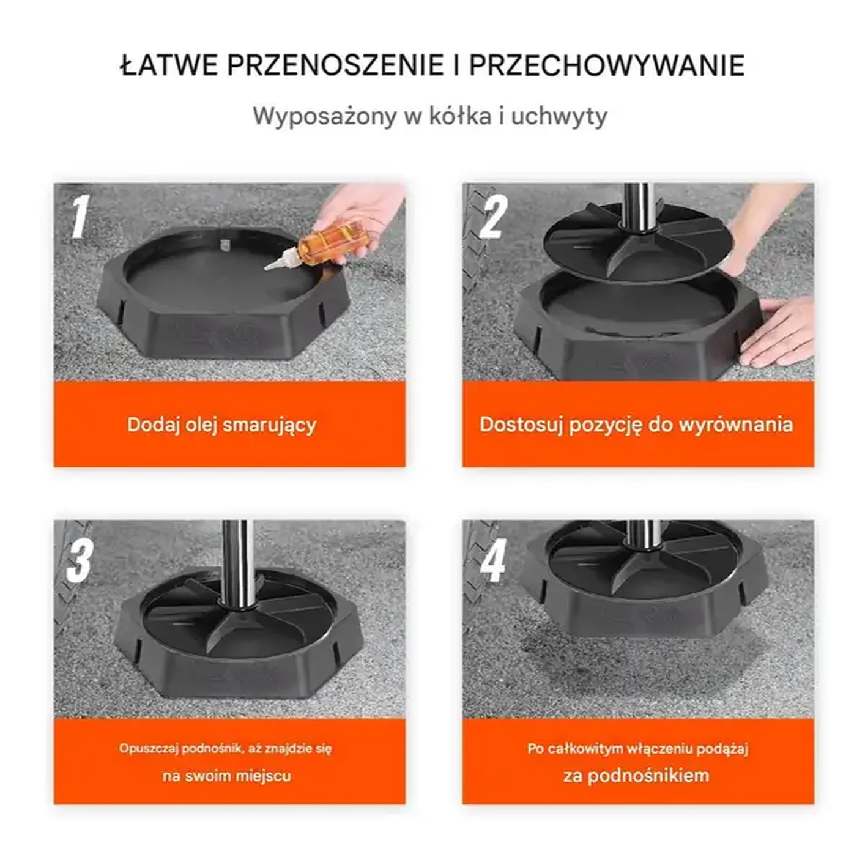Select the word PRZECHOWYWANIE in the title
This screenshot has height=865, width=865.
(607, 65)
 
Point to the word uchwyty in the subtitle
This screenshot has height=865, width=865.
(559, 116)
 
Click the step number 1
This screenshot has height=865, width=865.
(79, 217)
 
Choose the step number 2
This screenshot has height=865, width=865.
(493, 217)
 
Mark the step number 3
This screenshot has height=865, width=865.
(80, 560)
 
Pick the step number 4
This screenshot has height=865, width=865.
(493, 560)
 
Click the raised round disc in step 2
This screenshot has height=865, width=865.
(636, 245)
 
